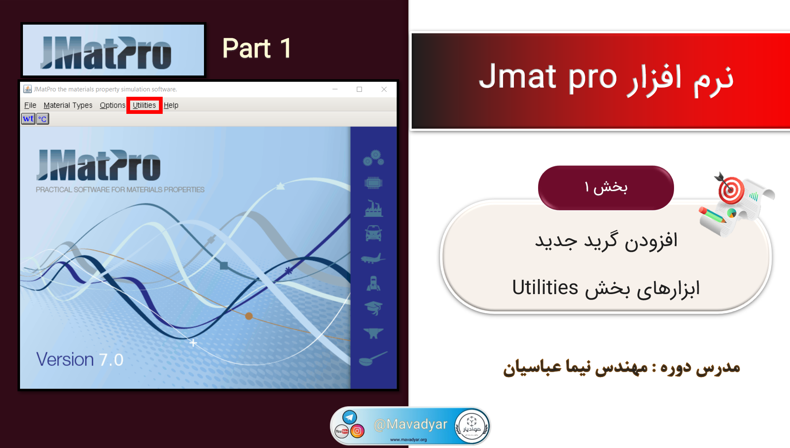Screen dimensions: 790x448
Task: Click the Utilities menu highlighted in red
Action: [144, 105]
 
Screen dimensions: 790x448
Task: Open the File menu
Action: [30, 105]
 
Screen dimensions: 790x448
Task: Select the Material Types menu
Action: [68, 105]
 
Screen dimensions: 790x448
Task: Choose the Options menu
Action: [112, 105]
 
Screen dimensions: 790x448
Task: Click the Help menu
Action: [171, 105]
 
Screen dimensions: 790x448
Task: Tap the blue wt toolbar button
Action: [28, 119]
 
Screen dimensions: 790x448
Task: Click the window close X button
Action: [384, 89]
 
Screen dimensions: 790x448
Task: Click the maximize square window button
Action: [359, 89]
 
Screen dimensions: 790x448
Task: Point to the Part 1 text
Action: [257, 48]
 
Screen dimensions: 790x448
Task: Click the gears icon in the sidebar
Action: [373, 158]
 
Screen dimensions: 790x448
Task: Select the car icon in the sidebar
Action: [373, 233]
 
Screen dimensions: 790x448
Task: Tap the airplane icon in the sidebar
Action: [373, 258]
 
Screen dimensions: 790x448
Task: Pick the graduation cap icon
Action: [373, 308]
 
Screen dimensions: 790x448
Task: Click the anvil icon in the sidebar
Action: [373, 333]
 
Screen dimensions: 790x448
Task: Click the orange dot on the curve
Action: [249, 316]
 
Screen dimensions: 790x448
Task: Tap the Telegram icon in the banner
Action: [350, 417]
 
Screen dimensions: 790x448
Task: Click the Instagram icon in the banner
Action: [357, 431]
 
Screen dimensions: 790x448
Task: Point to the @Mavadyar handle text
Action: [410, 424]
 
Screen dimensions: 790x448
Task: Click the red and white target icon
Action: [731, 190]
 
